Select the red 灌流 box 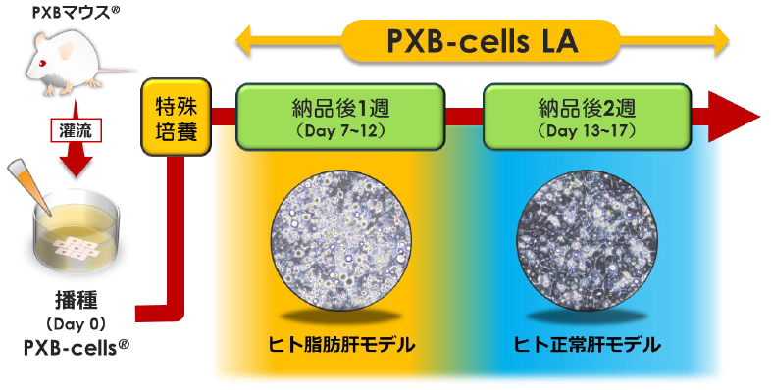pos(75,128)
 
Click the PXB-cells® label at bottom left pos(77,348)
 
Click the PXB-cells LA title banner pos(481,42)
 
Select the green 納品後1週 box pos(342,115)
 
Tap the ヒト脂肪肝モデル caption pos(341,346)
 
